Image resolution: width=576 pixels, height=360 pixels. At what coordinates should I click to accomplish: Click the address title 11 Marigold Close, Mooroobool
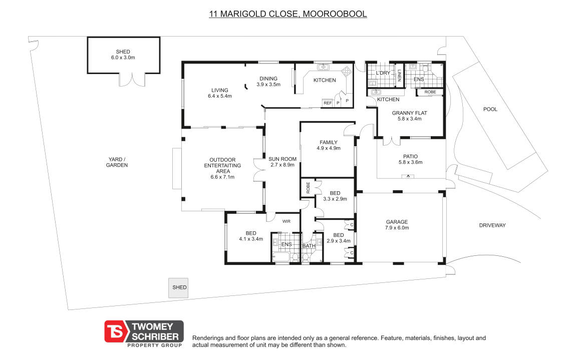[287, 14]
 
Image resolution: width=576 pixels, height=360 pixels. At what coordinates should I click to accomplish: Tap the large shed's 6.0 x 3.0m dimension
[123, 58]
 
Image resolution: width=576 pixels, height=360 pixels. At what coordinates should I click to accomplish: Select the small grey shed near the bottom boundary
[178, 287]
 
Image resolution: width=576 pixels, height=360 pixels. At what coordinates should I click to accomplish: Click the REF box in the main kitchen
[328, 103]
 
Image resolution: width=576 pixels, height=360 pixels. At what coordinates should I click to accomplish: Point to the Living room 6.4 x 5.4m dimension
[220, 96]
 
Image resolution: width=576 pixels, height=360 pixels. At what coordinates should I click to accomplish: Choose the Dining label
[268, 79]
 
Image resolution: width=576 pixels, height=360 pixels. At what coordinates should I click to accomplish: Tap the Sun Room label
[282, 159]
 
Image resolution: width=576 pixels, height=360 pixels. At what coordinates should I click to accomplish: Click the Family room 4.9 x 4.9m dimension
[329, 148]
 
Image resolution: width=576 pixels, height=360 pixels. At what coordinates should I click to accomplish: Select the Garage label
[397, 222]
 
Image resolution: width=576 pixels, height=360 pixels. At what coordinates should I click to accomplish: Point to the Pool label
[490, 109]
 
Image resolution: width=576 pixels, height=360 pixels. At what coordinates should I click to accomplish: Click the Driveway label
[492, 225]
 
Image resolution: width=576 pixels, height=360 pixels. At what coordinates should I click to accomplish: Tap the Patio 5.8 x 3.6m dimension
[410, 162]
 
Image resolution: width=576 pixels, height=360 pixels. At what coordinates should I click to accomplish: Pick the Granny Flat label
[410, 113]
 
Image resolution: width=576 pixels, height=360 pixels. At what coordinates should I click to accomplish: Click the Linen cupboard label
[399, 76]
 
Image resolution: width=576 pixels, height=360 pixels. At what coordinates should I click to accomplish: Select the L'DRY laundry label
[383, 73]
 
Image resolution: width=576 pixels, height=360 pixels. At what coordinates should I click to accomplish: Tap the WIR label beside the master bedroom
[286, 221]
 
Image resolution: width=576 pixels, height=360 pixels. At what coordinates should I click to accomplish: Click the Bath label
[309, 246]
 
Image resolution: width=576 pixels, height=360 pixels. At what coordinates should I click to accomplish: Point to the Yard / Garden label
[117, 162]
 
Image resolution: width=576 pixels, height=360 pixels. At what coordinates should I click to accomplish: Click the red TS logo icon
[115, 332]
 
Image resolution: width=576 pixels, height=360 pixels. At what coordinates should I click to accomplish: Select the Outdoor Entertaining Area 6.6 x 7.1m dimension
[222, 177]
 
